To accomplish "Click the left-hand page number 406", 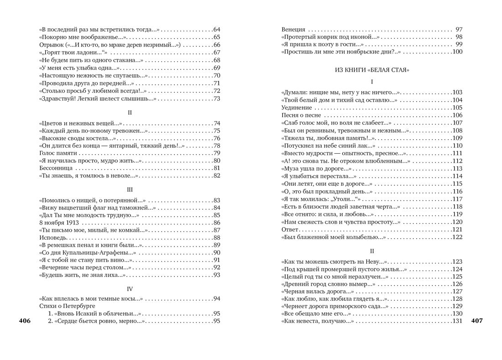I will [x=25, y=321].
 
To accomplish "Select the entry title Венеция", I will [x=293, y=29].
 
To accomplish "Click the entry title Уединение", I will [x=297, y=108].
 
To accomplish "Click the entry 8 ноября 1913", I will [x=59, y=223].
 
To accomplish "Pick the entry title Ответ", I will [x=290, y=230].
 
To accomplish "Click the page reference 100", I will [x=457, y=52].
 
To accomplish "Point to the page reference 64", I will [x=217, y=29].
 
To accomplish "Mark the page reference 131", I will [x=457, y=321].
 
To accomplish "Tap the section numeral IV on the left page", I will [x=130, y=289].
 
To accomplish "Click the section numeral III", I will [x=130, y=190].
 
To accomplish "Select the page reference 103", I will [x=457, y=93].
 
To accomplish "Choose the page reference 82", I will [x=217, y=176].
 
